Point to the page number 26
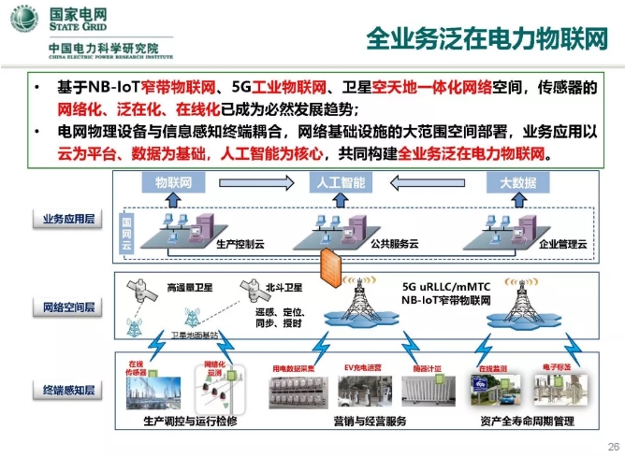(613, 446)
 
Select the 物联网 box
(173, 182)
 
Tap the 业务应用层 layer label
(66, 219)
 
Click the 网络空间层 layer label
(66, 307)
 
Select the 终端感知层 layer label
(66, 388)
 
